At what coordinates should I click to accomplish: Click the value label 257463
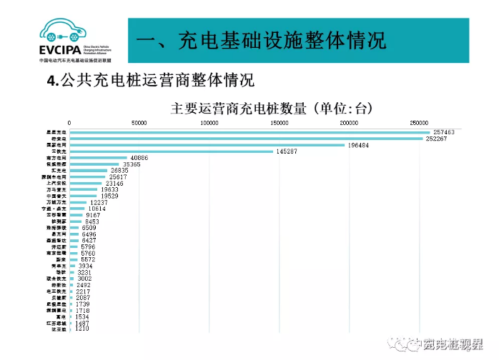click(x=444, y=132)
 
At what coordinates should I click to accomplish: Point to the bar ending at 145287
click(x=172, y=151)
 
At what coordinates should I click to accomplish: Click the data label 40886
click(x=139, y=158)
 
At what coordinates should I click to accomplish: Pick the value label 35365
click(x=132, y=164)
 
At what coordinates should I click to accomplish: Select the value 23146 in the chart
click(x=114, y=184)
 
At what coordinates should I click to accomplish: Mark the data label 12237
click(x=99, y=203)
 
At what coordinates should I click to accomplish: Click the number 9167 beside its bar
click(x=93, y=215)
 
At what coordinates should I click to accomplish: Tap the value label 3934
click(x=86, y=266)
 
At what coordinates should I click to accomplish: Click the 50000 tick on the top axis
click(x=139, y=123)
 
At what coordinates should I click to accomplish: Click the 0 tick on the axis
click(x=69, y=123)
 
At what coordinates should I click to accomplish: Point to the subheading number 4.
click(x=51, y=80)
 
